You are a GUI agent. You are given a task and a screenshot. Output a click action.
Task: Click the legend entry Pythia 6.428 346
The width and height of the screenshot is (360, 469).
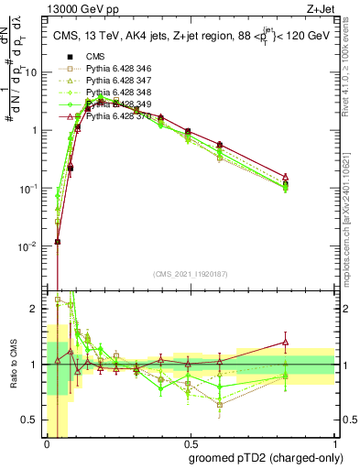coord(116,70)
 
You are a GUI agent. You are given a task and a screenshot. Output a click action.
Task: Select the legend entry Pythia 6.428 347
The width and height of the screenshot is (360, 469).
coord(116,82)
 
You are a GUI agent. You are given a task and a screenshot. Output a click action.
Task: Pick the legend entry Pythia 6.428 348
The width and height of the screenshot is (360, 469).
coord(116,93)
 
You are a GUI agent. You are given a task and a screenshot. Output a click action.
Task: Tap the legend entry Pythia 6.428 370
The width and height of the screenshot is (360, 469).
coord(116,117)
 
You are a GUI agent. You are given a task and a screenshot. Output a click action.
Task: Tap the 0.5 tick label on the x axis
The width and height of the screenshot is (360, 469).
coord(191,442)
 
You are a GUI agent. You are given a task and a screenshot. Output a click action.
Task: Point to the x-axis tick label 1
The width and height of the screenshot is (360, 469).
coord(334,442)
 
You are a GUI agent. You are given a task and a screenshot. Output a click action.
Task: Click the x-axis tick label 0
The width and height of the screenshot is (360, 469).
coord(47,442)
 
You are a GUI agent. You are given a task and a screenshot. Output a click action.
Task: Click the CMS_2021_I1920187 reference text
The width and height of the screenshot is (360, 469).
coord(190,274)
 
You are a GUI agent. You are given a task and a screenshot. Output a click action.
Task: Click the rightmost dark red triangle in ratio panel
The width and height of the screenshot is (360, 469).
coord(286,343)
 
